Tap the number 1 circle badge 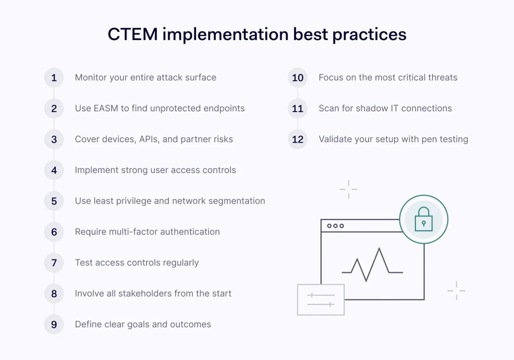(x=54, y=78)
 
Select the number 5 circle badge (x=54, y=201)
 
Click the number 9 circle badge (x=54, y=325)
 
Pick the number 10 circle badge (x=298, y=78)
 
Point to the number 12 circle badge (x=298, y=139)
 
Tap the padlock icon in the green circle (x=424, y=219)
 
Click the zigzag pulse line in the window (x=372, y=265)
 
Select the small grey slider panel (x=321, y=300)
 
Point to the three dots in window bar (x=335, y=226)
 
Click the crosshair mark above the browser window (x=348, y=189)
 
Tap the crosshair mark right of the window (x=456, y=290)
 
